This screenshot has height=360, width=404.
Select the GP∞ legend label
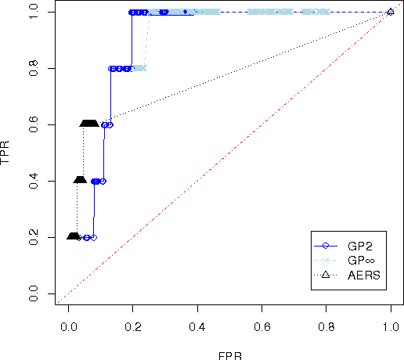(x=360, y=260)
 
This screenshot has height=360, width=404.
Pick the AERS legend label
(x=363, y=275)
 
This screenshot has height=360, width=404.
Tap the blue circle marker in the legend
(x=325, y=245)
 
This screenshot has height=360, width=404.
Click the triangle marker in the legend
(x=325, y=275)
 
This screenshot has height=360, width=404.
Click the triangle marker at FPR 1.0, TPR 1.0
(x=391, y=12)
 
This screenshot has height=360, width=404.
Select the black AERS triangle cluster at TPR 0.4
(x=79, y=181)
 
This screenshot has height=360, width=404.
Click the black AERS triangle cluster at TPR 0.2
(x=73, y=236)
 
